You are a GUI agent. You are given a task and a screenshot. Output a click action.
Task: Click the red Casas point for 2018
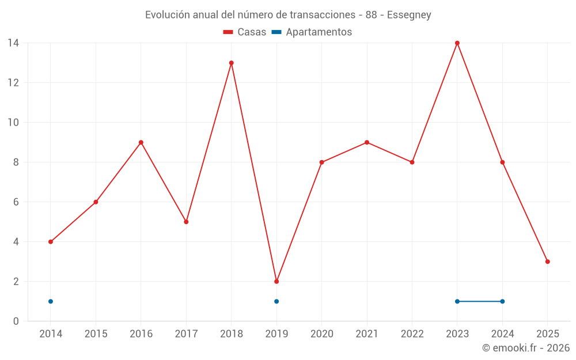point(232,63)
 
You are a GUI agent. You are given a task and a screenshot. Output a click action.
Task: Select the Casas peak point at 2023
point(457,43)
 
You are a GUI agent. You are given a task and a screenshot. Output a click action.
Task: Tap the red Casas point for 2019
point(276,282)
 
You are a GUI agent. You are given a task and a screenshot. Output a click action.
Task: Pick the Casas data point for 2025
point(548,262)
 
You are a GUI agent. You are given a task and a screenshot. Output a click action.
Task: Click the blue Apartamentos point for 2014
point(51,301)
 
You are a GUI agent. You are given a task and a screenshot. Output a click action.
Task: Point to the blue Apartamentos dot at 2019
point(276,301)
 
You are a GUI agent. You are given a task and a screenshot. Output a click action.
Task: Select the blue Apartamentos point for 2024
point(502,301)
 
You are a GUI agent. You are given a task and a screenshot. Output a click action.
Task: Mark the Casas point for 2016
point(141,142)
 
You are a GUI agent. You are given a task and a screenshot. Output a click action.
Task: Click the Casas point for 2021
point(367,142)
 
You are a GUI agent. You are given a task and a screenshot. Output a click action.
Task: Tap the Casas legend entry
point(245,32)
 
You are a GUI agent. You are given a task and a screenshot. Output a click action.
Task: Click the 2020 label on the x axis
point(321,334)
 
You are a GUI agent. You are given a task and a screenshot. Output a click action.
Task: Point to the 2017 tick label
point(186,334)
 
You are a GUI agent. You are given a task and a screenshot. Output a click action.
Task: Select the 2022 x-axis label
point(412,334)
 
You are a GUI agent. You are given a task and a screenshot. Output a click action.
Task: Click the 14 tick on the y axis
point(13,43)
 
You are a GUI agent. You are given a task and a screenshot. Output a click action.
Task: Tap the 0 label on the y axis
point(16,321)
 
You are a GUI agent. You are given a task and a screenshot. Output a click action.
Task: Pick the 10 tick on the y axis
point(13,122)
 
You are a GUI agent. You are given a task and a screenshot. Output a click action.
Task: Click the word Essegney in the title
point(409,15)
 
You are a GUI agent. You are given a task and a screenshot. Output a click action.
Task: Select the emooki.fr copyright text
point(525,348)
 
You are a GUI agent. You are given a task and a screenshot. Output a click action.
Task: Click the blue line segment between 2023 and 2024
point(480,301)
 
